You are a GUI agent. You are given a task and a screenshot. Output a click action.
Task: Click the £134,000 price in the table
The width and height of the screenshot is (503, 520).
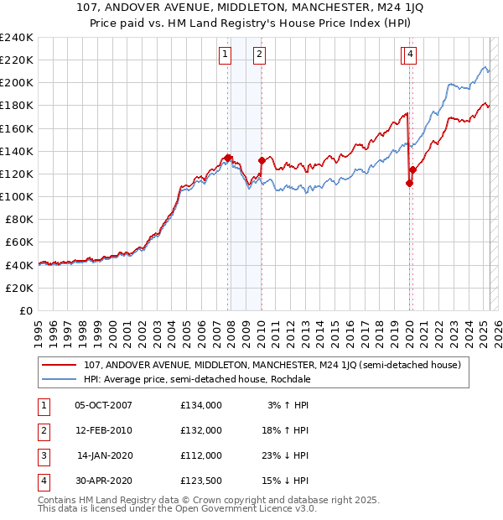(x=201, y=405)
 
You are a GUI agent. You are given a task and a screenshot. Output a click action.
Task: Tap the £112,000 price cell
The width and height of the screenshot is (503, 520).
(x=201, y=455)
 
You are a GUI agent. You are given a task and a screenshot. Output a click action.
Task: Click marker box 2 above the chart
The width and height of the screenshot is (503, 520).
(x=259, y=55)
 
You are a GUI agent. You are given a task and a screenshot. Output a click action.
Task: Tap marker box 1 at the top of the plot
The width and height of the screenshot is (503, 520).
(x=226, y=55)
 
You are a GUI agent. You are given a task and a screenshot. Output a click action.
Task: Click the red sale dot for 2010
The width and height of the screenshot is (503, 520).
(x=262, y=160)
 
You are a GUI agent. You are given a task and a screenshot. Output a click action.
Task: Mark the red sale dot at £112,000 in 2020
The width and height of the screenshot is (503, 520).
(x=409, y=183)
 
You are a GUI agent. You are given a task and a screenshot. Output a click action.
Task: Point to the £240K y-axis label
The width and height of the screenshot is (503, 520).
(x=17, y=38)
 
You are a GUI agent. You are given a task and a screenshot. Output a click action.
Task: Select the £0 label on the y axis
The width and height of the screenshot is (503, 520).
(x=26, y=310)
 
